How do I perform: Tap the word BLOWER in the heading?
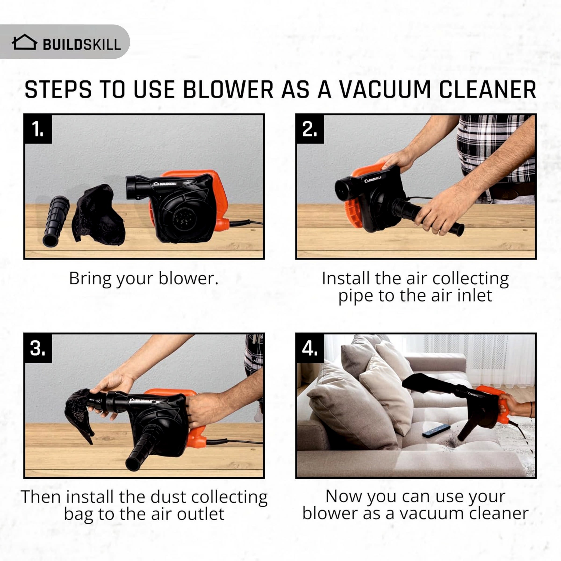pos(228,90)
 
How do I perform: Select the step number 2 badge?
pos(310,129)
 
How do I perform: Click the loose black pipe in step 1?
pos(56,221)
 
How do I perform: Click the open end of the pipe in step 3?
pos(132,464)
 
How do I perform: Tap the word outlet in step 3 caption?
pos(201,514)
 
